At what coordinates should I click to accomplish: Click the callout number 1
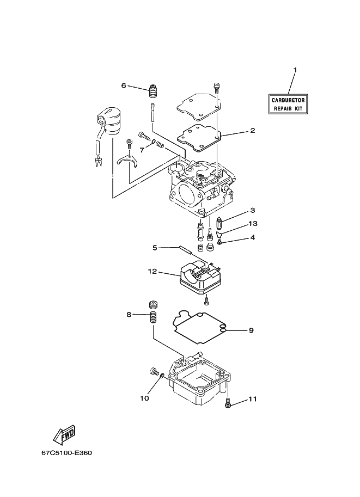pos(295,70)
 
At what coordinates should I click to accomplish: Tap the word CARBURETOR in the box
pos(288,100)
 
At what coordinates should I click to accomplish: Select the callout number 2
pos(253,130)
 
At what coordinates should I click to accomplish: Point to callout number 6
pos(124,85)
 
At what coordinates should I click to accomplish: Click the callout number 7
pos(142,150)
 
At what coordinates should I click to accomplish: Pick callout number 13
pos(253,224)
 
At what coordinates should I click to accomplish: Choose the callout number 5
pos(155,248)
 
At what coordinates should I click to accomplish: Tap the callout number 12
pos(152,272)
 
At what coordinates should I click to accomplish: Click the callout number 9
pos(251,330)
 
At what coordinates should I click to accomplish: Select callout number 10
pos(145,398)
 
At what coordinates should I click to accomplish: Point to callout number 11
pos(253,399)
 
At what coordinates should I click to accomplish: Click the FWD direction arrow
pos(64,434)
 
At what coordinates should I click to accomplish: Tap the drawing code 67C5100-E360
pos(66,452)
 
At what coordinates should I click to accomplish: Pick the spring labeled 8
pos(153,317)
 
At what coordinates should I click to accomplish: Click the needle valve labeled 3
pos(219,224)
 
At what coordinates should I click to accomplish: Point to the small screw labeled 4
pos(219,242)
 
